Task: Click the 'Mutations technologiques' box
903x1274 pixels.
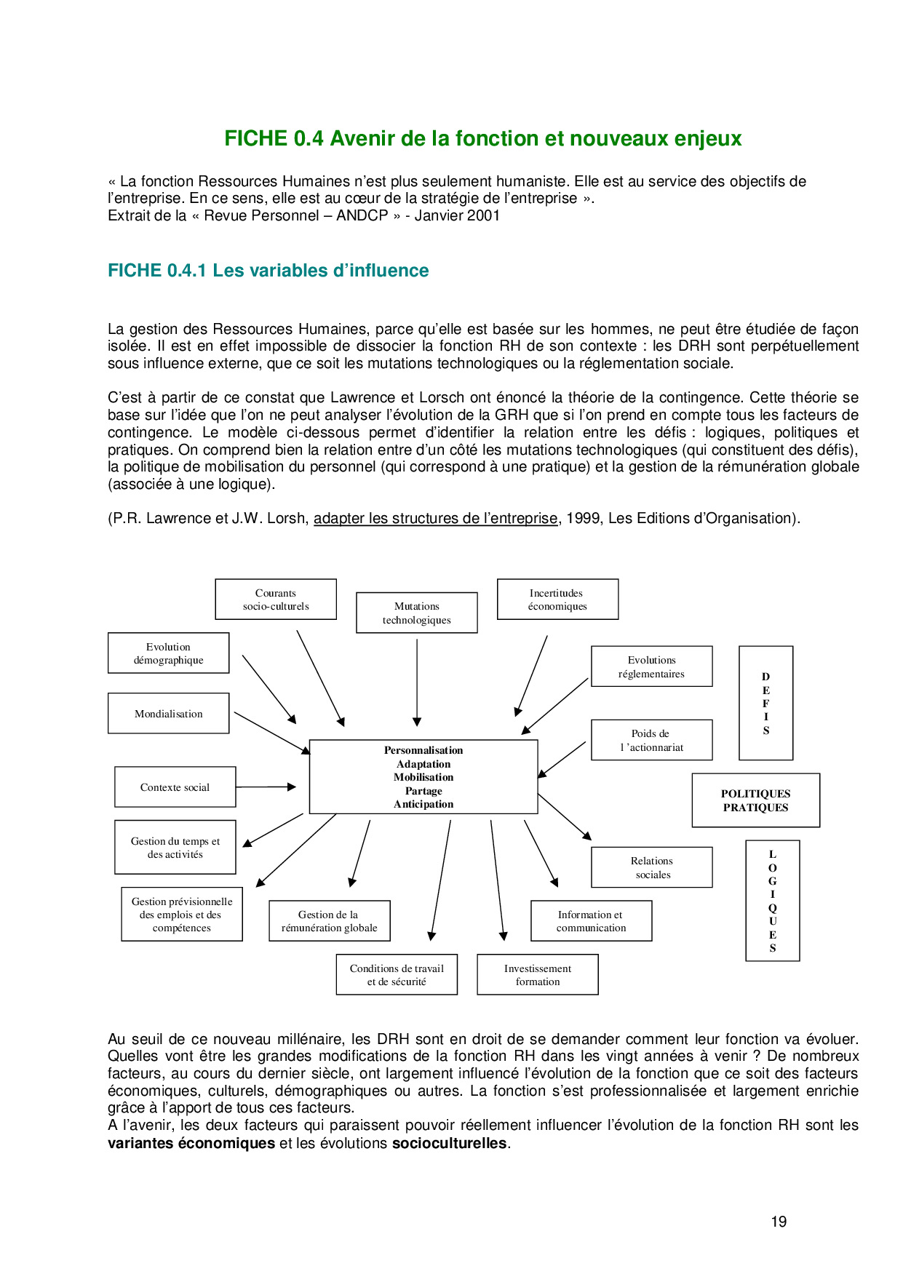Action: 416,613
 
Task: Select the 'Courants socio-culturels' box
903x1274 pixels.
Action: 276,600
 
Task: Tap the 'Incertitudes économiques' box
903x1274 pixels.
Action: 557,600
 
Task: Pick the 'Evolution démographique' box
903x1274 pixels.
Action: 168,653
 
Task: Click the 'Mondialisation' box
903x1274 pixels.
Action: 168,714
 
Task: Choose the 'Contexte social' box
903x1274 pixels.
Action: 175,787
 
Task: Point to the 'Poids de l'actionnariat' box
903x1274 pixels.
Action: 651,740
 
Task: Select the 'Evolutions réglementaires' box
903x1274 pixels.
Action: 651,666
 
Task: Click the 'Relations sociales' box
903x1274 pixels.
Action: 651,867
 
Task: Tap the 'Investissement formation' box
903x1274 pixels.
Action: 538,975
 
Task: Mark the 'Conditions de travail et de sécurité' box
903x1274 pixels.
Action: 397,975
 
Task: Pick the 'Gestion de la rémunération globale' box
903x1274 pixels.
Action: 329,921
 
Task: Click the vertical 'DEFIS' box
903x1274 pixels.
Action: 765,703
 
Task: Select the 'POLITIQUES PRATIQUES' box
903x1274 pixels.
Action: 755,800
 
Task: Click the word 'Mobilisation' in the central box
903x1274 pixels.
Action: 423,777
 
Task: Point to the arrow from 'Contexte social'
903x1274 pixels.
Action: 266,787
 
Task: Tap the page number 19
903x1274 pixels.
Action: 779,1222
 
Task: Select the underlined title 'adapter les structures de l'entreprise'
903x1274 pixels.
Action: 435,519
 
